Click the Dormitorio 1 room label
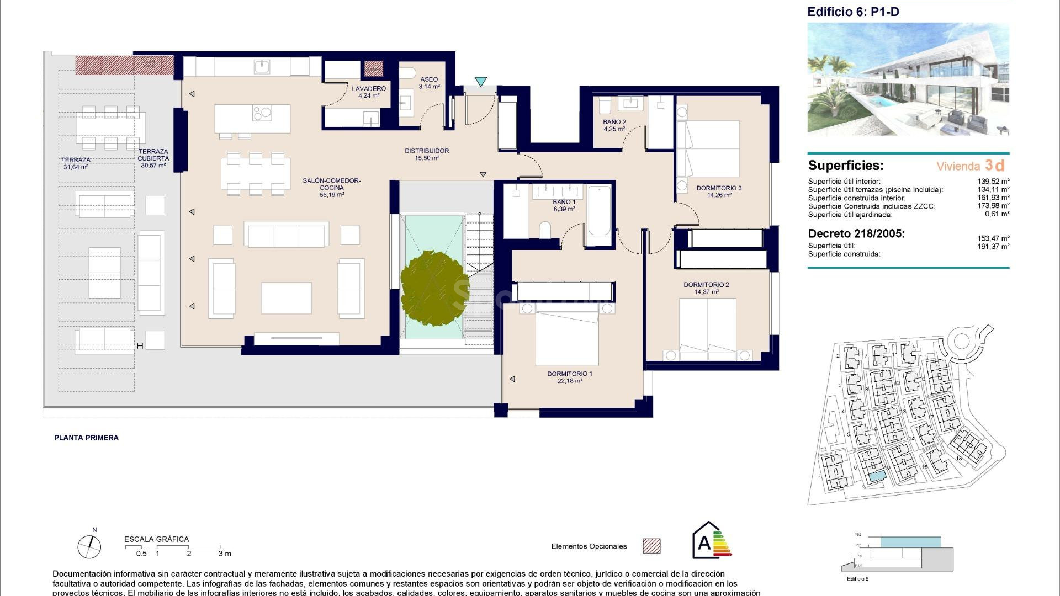pos(569,377)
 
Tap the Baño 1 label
pos(564,205)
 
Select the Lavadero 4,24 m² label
pos(369,92)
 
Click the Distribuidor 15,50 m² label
pos(426,154)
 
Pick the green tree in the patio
pos(434,289)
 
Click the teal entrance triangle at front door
pos(480,82)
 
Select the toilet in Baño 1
pos(544,230)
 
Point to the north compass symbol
pos(89,546)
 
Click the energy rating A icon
pos(709,541)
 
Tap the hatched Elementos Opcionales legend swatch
pos(651,546)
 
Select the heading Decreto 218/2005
pos(856,233)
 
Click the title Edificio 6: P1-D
pos(853,12)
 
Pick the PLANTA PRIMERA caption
pos(86,438)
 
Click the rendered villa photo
pos(908,79)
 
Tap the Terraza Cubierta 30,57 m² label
pos(153,158)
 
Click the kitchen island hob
pos(262,113)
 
